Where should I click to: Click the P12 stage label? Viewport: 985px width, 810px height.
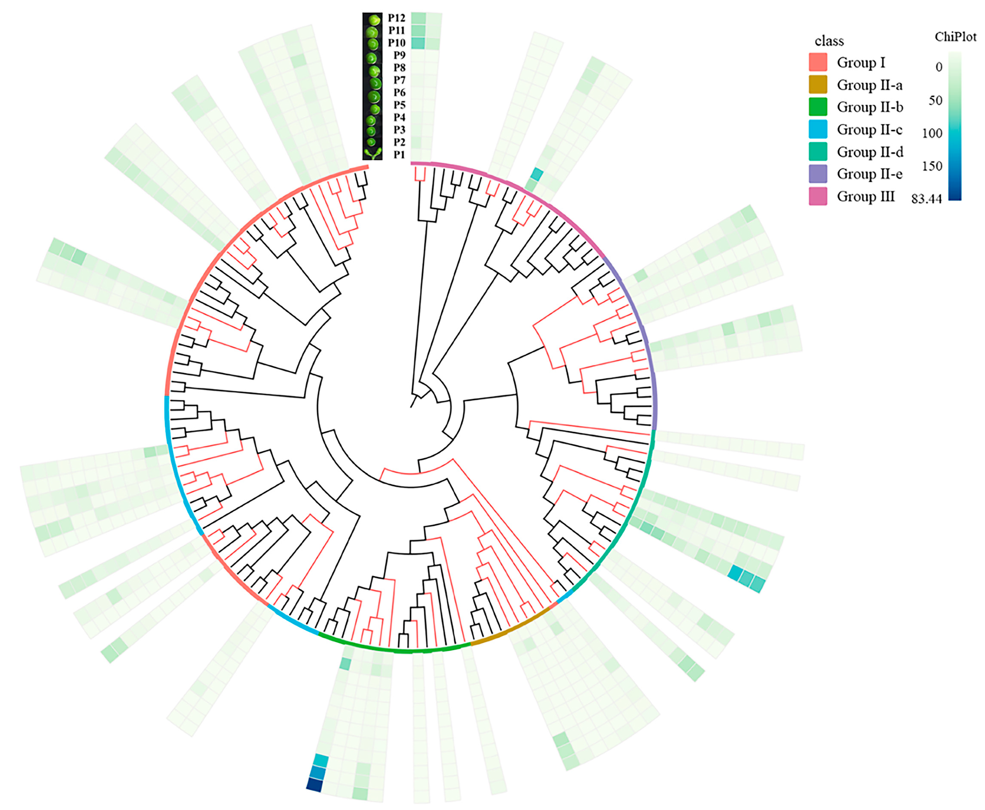[x=397, y=18]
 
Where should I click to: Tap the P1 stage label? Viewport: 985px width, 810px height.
[x=399, y=154]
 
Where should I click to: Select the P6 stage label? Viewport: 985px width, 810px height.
[x=399, y=92]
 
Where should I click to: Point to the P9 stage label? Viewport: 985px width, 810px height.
[x=399, y=55]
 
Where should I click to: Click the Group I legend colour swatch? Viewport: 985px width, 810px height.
[x=818, y=62]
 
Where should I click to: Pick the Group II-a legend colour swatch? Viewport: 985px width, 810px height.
[x=818, y=84]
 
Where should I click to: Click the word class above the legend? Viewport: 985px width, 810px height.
[x=829, y=41]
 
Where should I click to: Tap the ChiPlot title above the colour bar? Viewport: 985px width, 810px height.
[x=955, y=37]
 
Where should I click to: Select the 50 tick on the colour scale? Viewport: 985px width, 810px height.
[x=935, y=100]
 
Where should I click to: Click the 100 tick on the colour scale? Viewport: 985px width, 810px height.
[x=932, y=133]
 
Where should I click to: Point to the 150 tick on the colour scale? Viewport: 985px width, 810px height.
[x=932, y=166]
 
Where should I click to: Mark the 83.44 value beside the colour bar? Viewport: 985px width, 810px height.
[x=926, y=199]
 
